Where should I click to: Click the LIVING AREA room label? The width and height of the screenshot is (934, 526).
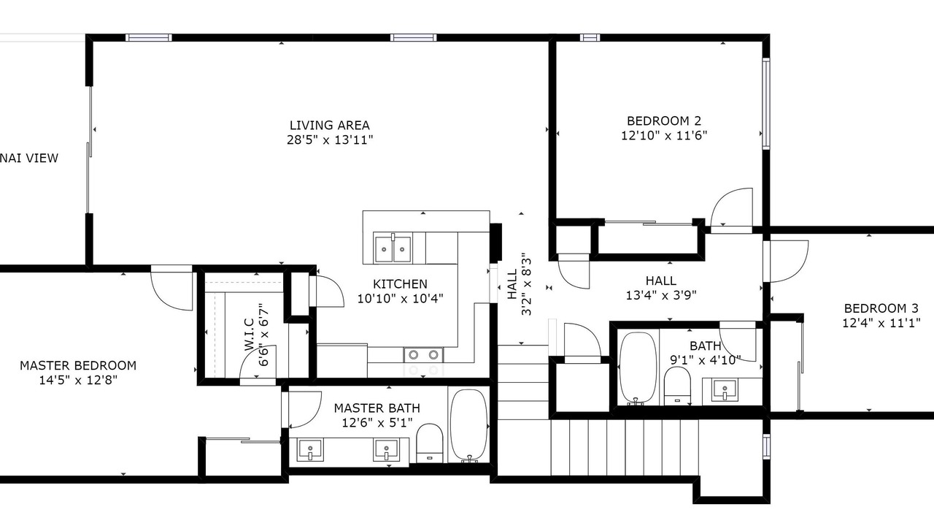coord(329,125)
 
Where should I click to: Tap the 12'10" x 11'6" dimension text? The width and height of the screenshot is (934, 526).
coord(664,136)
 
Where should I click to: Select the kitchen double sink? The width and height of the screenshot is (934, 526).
coord(393,248)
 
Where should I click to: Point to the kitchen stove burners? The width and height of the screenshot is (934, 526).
coord(423,355)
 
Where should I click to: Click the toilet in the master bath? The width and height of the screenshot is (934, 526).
coord(430,443)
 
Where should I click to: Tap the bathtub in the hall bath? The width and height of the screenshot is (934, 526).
coord(638,368)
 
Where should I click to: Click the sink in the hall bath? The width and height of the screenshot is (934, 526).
coord(725,390)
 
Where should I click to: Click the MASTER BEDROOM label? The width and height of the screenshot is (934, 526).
coord(78,366)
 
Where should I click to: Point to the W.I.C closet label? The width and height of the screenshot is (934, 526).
coord(249,335)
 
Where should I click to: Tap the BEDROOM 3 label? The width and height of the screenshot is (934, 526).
coord(881,308)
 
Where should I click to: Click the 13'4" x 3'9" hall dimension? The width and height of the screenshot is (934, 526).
coord(661,296)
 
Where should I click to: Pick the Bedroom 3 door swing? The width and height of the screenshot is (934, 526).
coord(787,262)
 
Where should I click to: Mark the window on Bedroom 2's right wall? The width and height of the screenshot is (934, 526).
coord(766,104)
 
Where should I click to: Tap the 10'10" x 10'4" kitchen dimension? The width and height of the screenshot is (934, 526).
coord(401,299)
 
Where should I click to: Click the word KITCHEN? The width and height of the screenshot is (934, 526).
coord(400,284)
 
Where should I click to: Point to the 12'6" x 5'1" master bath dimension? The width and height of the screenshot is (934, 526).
coord(377,423)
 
